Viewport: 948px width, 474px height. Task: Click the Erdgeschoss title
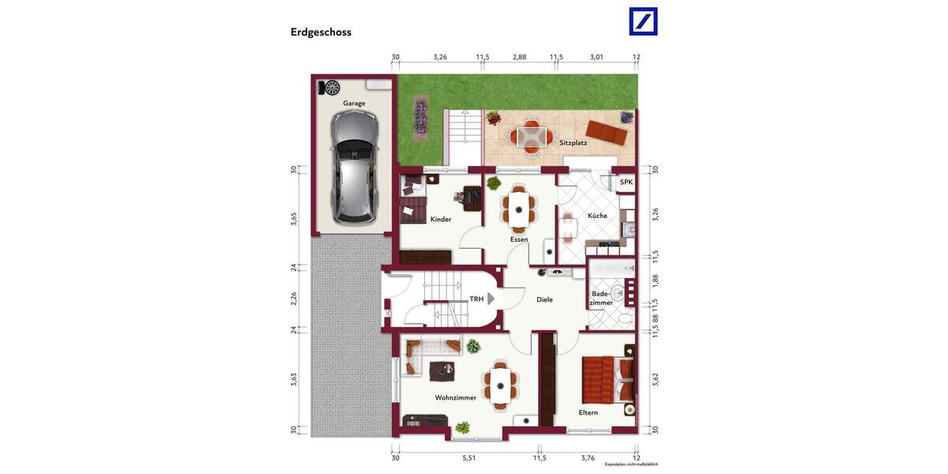pos(321,32)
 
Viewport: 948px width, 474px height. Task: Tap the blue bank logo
pos(643,21)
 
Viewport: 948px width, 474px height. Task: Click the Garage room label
pos(354,103)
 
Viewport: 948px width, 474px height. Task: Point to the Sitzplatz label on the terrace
pos(573,143)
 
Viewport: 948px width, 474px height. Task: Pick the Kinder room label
pos(441,220)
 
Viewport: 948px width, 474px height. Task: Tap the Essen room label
pos(519,239)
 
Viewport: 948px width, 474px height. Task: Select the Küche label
pos(597,216)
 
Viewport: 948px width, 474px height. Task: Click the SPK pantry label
pos(626,182)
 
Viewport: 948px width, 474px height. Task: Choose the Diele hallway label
pos(544,300)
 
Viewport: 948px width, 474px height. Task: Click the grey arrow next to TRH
pos(491,299)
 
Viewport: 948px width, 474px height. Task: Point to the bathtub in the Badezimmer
pos(612,269)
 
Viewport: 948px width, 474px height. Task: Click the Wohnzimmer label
pos(455,398)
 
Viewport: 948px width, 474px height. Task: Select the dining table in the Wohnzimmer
pos(501,385)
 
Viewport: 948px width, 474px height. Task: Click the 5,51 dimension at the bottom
pos(468,457)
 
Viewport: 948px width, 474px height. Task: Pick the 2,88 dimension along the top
pos(519,58)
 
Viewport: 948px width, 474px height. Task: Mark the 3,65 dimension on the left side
pos(293,217)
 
